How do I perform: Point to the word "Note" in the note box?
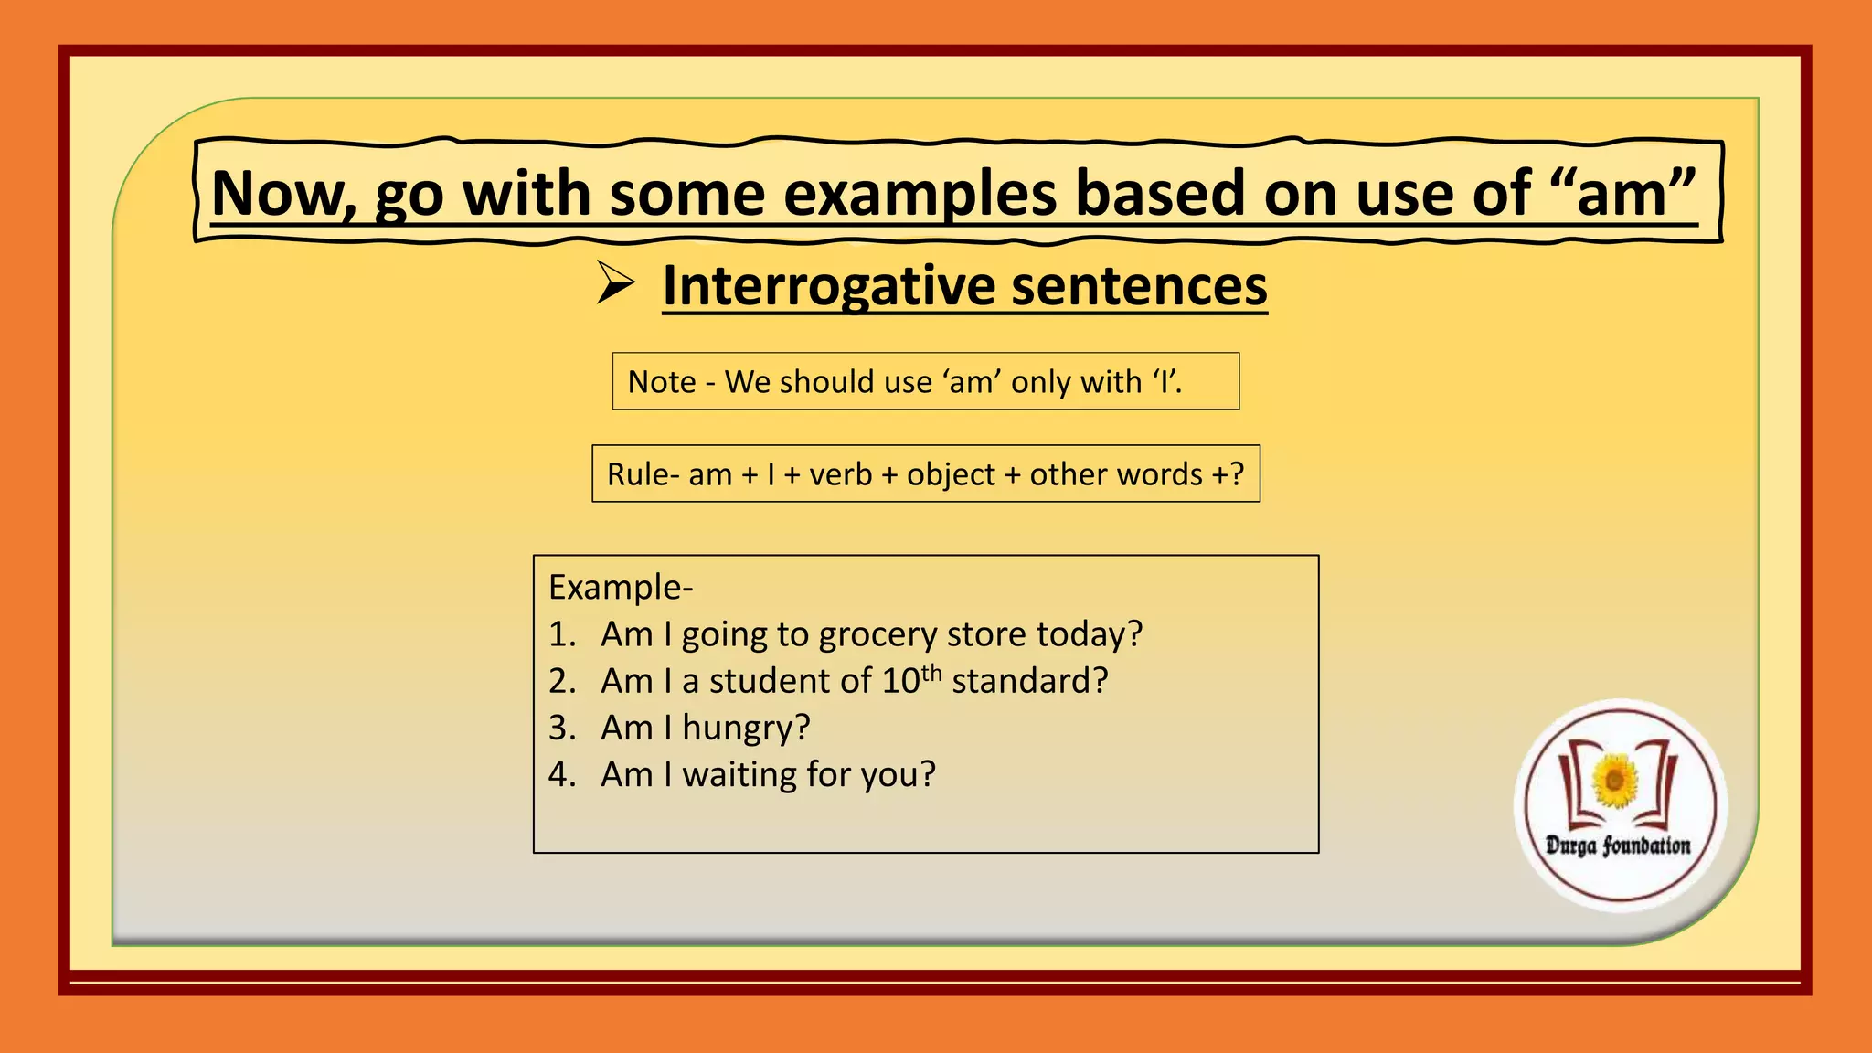point(662,382)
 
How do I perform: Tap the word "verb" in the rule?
point(841,474)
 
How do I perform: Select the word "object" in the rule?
point(951,474)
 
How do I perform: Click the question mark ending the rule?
point(1237,474)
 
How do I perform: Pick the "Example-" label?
point(621,587)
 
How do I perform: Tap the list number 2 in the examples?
point(560,681)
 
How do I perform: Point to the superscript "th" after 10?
point(931,674)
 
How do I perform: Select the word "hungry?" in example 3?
point(746,729)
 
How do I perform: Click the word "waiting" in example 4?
point(739,775)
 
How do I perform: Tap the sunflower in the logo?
point(1615,781)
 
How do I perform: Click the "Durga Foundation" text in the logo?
point(1618,846)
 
